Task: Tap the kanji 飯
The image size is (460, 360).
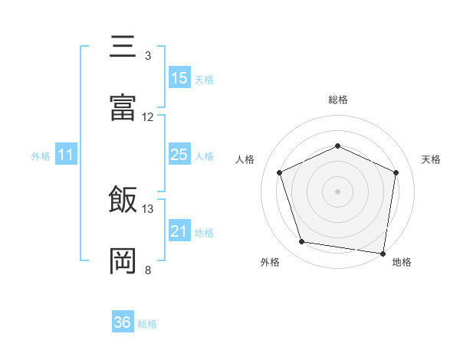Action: click(x=123, y=200)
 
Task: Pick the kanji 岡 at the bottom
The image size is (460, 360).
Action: click(x=123, y=261)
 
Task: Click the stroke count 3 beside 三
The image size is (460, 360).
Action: click(x=147, y=55)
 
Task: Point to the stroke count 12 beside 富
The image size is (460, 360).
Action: click(x=148, y=116)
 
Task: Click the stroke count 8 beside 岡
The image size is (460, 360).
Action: click(x=147, y=270)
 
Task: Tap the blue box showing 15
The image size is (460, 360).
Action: click(x=179, y=78)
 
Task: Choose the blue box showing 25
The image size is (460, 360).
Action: click(x=179, y=155)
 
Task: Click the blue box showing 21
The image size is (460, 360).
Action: click(x=179, y=231)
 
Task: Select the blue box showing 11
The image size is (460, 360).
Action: click(x=66, y=155)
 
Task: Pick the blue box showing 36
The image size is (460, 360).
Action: click(x=123, y=322)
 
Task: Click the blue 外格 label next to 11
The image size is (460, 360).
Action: click(x=41, y=156)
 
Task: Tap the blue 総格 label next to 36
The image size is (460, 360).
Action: click(x=147, y=324)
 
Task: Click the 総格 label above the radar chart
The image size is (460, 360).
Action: click(x=337, y=100)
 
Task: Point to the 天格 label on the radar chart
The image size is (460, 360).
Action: click(x=432, y=159)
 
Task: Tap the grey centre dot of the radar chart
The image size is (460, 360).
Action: click(x=337, y=191)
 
